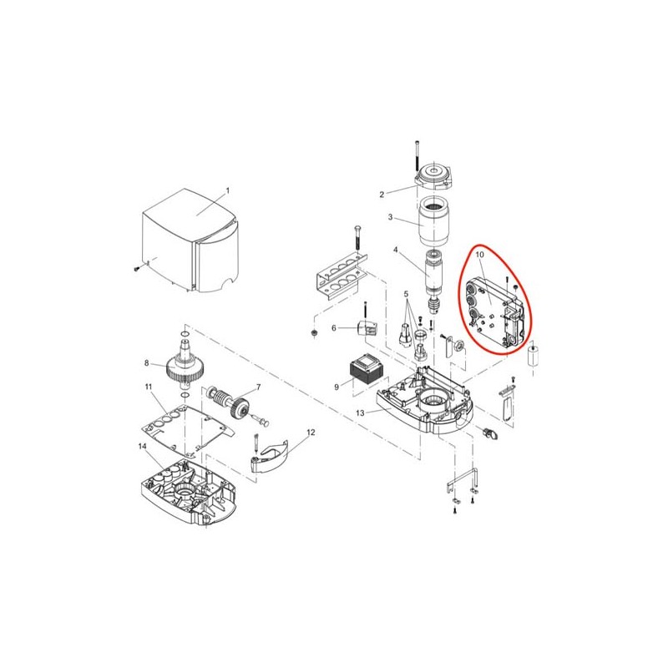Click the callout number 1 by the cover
tap(227, 190)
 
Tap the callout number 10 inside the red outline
tap(479, 255)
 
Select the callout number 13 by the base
tap(360, 412)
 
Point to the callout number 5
tap(406, 294)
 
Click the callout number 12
tap(311, 433)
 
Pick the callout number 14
tap(142, 446)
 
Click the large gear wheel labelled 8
tap(185, 367)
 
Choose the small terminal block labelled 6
tap(367, 327)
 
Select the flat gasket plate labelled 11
tap(187, 430)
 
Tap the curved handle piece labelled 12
tap(269, 456)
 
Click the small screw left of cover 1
tap(137, 268)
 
